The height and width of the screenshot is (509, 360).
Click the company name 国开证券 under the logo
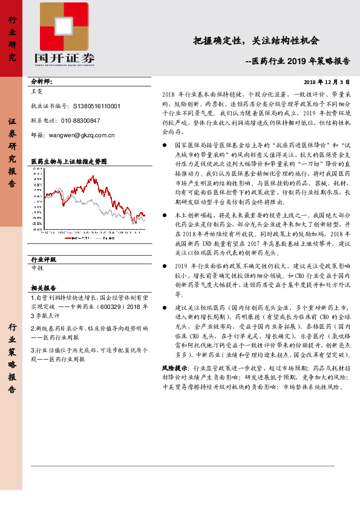pos(65,58)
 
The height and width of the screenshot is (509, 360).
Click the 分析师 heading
pos(42,81)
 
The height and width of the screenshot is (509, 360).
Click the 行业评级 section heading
pos(43,259)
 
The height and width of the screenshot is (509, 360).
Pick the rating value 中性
pos(37,267)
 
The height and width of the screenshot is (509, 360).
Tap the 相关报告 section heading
pos(43,288)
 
